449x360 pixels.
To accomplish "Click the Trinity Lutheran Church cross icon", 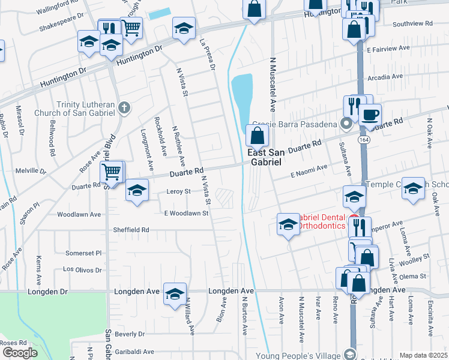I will click(x=124, y=108).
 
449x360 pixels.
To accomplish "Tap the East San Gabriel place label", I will click(x=265, y=158).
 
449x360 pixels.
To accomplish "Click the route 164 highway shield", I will click(x=364, y=140).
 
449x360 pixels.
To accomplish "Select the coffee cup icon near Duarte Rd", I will click(x=370, y=113).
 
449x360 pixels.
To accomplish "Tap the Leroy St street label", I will click(x=178, y=191).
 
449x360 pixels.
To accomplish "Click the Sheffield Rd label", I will click(x=131, y=230).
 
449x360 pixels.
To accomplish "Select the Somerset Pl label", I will click(x=83, y=253).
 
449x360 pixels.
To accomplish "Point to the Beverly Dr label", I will click(x=130, y=334).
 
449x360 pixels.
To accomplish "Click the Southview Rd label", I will click(x=412, y=24).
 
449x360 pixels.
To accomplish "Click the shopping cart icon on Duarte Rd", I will click(x=112, y=172).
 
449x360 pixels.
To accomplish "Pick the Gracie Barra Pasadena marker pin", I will click(x=345, y=124).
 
